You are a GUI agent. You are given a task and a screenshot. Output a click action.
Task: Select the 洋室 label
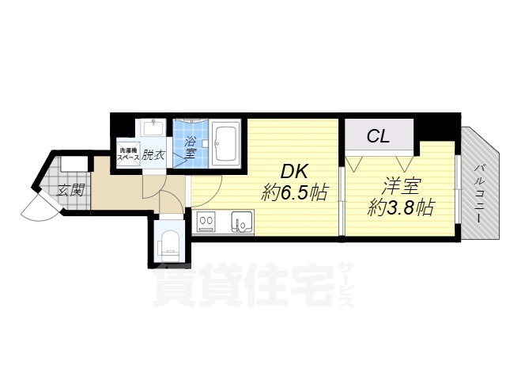[x=401, y=188]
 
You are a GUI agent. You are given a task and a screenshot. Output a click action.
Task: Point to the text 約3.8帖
[x=402, y=210]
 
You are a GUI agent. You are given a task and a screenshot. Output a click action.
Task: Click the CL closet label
[x=378, y=136]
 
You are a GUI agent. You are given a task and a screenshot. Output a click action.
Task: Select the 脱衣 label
[x=154, y=155]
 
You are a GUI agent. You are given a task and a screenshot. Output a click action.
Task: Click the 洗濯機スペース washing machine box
[x=128, y=154]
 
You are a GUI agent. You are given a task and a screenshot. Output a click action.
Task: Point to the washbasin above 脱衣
[x=152, y=129]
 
